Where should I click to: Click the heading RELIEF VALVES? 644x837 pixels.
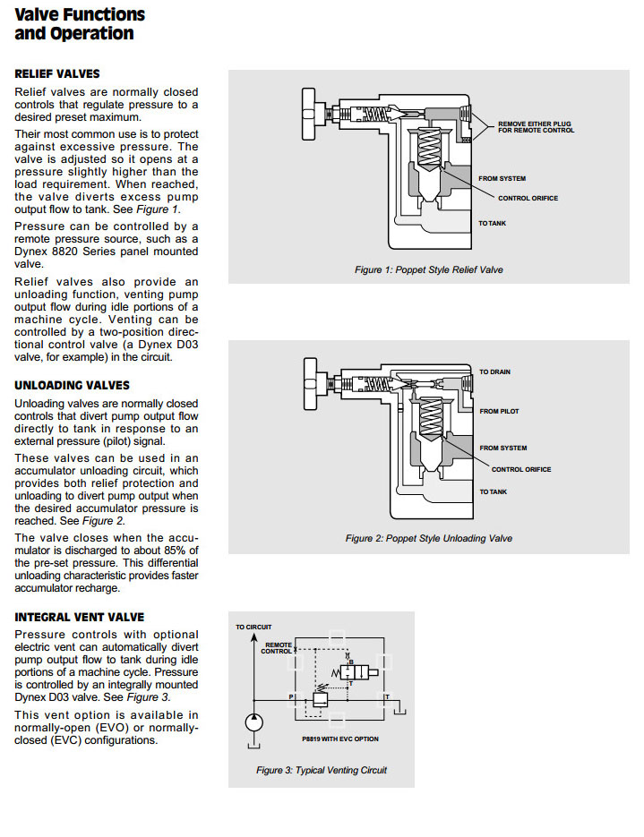click(57, 73)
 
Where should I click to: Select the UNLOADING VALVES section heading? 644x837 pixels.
click(72, 385)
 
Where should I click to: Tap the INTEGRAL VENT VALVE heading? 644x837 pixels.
click(79, 617)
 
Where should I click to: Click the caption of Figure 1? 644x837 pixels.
click(429, 269)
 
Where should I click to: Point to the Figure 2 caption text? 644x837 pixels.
click(429, 538)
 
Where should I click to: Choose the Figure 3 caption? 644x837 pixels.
click(322, 770)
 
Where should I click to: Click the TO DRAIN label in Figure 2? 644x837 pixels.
click(494, 372)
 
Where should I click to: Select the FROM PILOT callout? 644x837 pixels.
click(499, 411)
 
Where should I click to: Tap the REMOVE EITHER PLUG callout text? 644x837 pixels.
click(537, 126)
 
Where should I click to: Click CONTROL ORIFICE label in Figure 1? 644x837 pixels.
click(527, 198)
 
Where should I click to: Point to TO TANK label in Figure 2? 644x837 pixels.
click(493, 491)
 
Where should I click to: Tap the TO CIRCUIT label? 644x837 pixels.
click(253, 627)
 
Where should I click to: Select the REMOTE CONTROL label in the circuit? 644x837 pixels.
click(277, 648)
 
